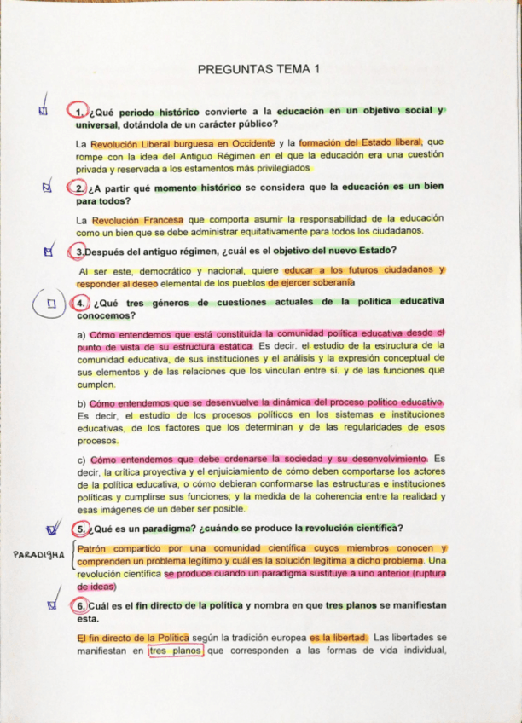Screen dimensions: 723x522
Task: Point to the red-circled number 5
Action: (80, 527)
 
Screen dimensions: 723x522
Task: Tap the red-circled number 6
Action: (79, 605)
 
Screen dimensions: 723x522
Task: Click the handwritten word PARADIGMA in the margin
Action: (39, 555)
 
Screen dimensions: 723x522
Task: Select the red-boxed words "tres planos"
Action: (176, 652)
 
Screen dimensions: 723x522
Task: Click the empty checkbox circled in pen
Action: (52, 304)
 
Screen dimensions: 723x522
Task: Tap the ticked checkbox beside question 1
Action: (43, 111)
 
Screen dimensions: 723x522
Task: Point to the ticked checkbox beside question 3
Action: (48, 252)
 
